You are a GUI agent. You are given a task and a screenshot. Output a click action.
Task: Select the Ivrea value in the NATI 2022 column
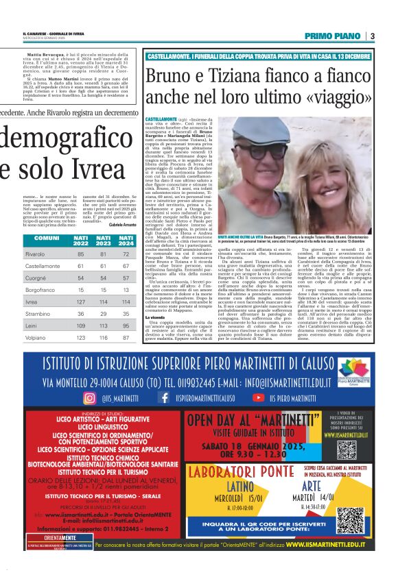point(81,301)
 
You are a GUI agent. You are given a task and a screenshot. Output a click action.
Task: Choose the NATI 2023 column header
point(104,240)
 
